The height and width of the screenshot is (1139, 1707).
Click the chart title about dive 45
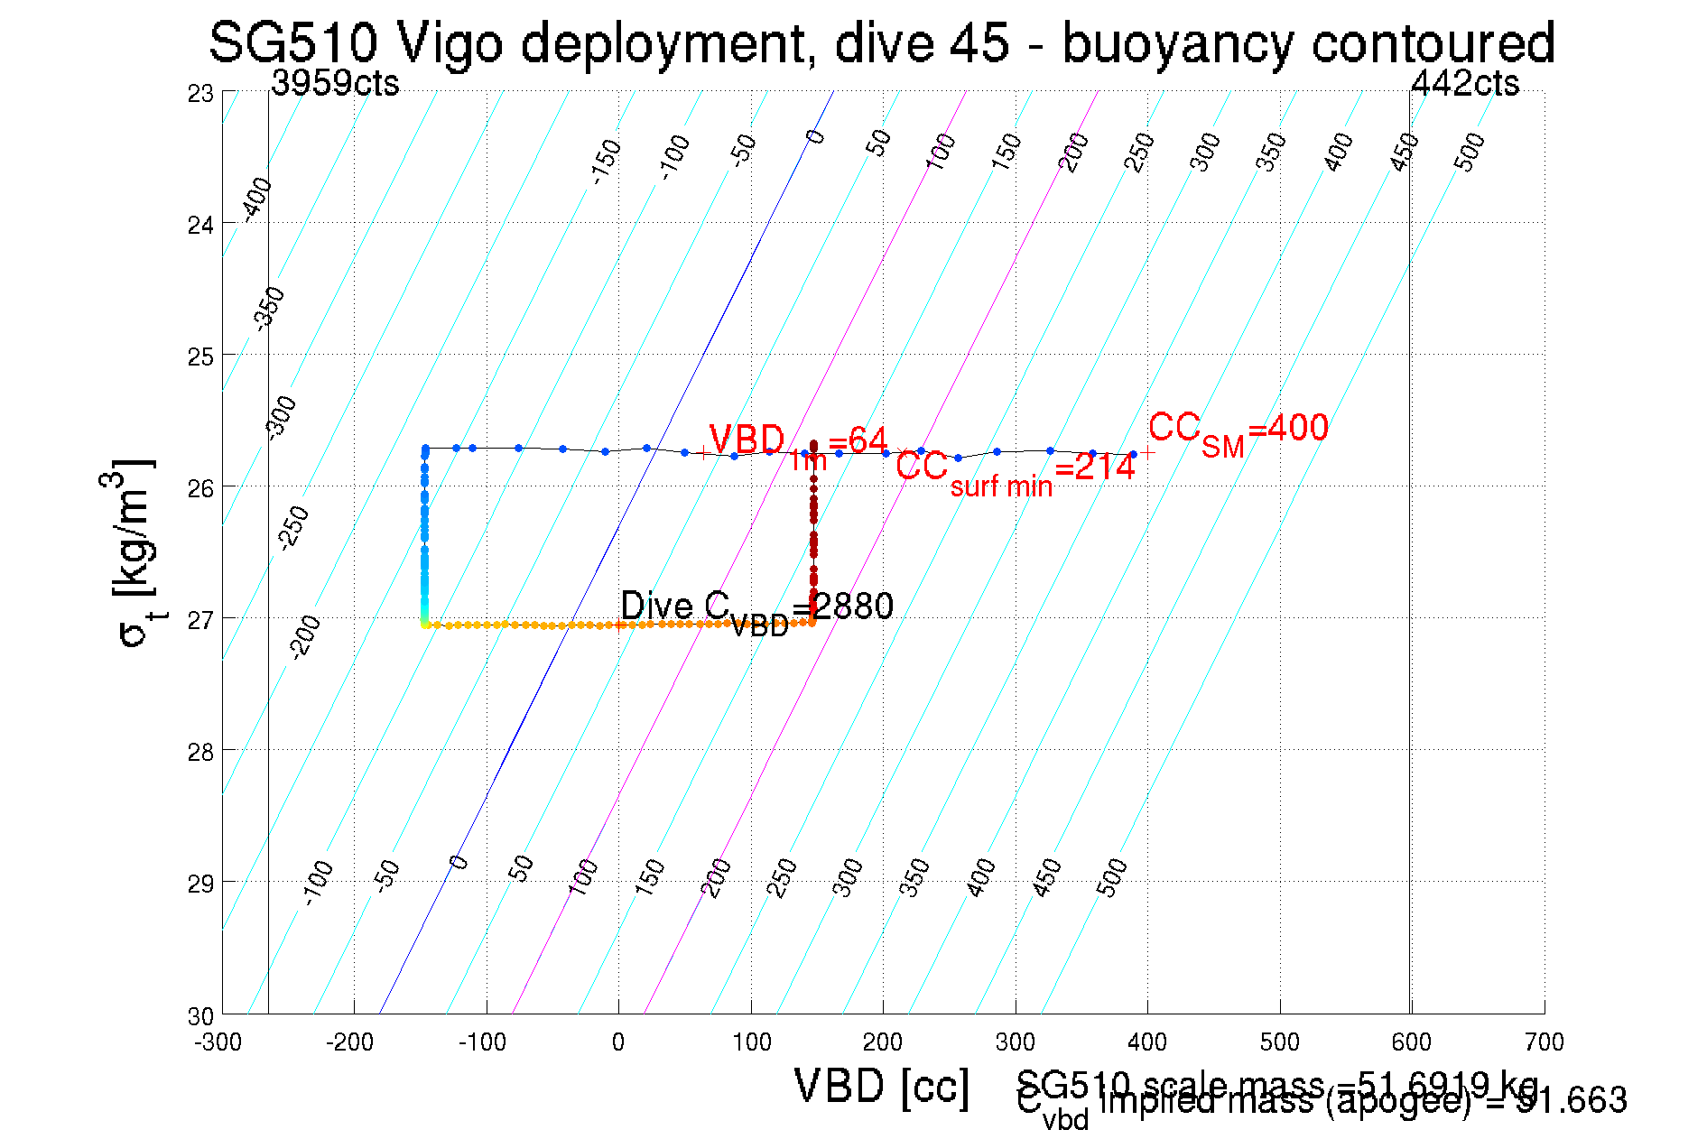pyautogui.click(x=882, y=42)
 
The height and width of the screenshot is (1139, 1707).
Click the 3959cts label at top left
pyautogui.click(x=335, y=83)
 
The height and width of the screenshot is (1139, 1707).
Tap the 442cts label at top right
pyautogui.click(x=1464, y=83)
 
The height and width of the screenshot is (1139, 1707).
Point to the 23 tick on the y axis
pyautogui.click(x=201, y=93)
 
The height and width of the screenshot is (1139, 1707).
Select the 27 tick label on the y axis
pyautogui.click(x=201, y=620)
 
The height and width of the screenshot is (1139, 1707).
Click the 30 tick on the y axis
pyautogui.click(x=201, y=1016)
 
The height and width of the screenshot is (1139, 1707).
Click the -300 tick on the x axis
pyautogui.click(x=218, y=1042)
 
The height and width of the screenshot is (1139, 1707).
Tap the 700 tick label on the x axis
pyautogui.click(x=1544, y=1042)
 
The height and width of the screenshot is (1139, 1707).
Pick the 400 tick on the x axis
pyautogui.click(x=1147, y=1042)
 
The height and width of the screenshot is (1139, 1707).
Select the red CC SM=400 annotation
pyautogui.click(x=1238, y=431)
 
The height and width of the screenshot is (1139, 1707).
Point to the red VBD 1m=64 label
pyautogui.click(x=798, y=443)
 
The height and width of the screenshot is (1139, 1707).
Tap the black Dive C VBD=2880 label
pyautogui.click(x=756, y=609)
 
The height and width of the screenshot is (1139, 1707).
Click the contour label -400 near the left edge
pyautogui.click(x=257, y=199)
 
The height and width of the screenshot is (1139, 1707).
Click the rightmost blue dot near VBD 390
pyautogui.click(x=1133, y=454)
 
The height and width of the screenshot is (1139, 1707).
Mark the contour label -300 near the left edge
pyautogui.click(x=282, y=416)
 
